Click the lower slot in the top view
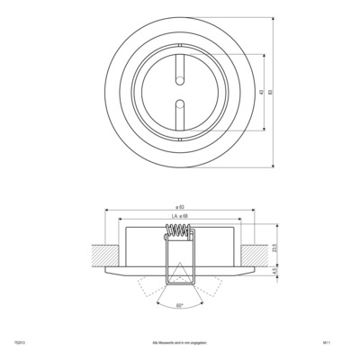pos(180,109)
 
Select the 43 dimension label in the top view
pos(258,92)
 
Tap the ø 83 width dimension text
pos(180,209)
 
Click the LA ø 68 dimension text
pos(180,217)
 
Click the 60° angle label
pos(180,307)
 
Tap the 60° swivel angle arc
pos(180,301)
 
